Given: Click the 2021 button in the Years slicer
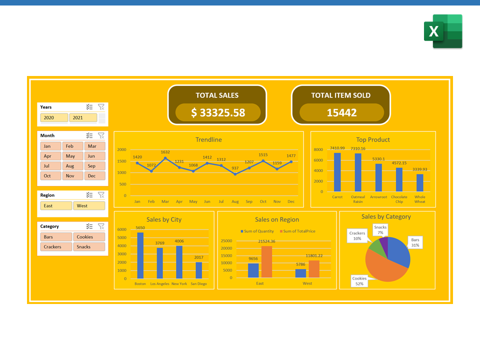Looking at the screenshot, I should tap(82, 118).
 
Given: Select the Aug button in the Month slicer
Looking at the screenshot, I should tap(69, 166).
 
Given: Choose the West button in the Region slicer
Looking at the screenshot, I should tap(89, 205).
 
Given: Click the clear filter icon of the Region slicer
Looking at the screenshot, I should tap(101, 195).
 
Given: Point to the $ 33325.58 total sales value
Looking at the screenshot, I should tap(218, 112).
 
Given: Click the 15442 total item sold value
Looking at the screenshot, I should tap(341, 112).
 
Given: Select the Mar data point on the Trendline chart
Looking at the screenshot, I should tap(165, 158).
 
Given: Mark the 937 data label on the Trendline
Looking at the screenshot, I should tap(235, 168).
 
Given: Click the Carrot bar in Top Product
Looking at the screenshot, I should tap(337, 172).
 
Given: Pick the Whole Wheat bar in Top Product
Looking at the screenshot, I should tap(419, 182).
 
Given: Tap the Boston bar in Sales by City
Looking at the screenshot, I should tap(140, 255).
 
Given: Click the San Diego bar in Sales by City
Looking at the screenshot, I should tap(198, 270).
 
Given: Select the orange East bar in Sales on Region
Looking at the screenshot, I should tap(266, 261).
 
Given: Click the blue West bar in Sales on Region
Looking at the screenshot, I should tap(300, 273).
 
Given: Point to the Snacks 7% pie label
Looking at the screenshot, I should tap(380, 229).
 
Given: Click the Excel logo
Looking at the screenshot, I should tap(443, 31).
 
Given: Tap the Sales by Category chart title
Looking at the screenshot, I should tap(386, 216).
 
